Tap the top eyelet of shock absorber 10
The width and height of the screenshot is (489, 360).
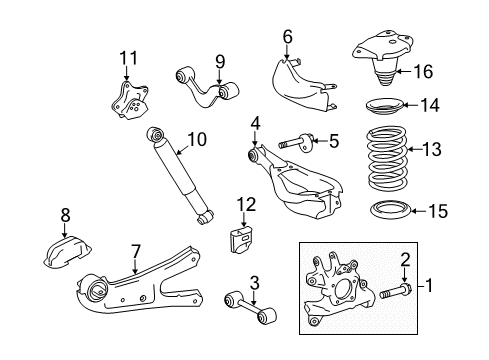pyautogui.click(x=154, y=135)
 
